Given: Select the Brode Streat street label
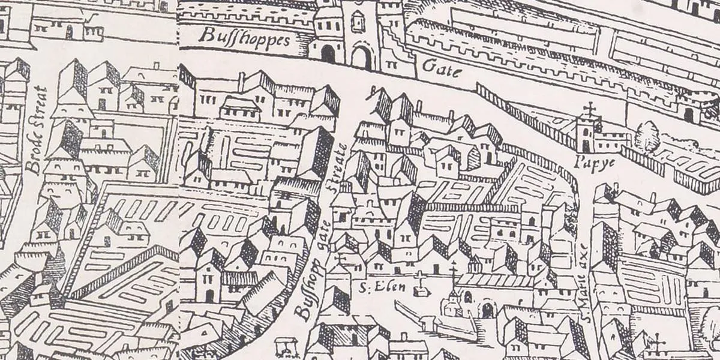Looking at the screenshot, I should coord(38,130).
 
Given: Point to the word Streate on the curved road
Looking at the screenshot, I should coord(340,164).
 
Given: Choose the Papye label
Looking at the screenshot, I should coord(587,161).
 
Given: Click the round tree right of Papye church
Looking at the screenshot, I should coord(647,136).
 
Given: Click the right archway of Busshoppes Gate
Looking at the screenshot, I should coord(361,58).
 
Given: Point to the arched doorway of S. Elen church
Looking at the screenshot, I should coord(487,310).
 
